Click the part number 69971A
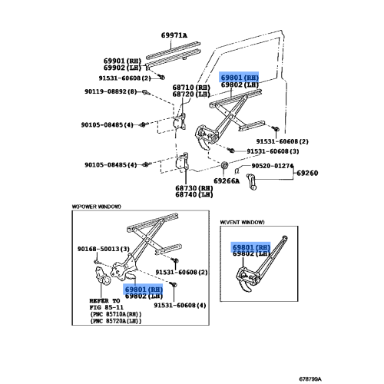pos(174,35)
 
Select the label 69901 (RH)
pos(122,61)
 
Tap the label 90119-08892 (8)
pos(111,91)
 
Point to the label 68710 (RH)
pos(191,88)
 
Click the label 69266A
pos(227,181)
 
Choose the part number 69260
pos(307,173)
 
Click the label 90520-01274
pos(273,166)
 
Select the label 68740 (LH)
pos(194,194)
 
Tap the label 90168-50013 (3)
pos(104,249)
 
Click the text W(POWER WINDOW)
pos(97,207)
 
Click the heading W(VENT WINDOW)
pos(242,222)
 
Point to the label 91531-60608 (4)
pos(180,306)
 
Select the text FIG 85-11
pos(107,307)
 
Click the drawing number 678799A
pos(310,379)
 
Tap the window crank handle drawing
pos(251,181)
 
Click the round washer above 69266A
pos(224,165)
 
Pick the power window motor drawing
pos(103,276)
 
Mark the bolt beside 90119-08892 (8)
pos(145,92)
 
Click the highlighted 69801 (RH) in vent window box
pos(251,247)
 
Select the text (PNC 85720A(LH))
pos(116,321)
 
